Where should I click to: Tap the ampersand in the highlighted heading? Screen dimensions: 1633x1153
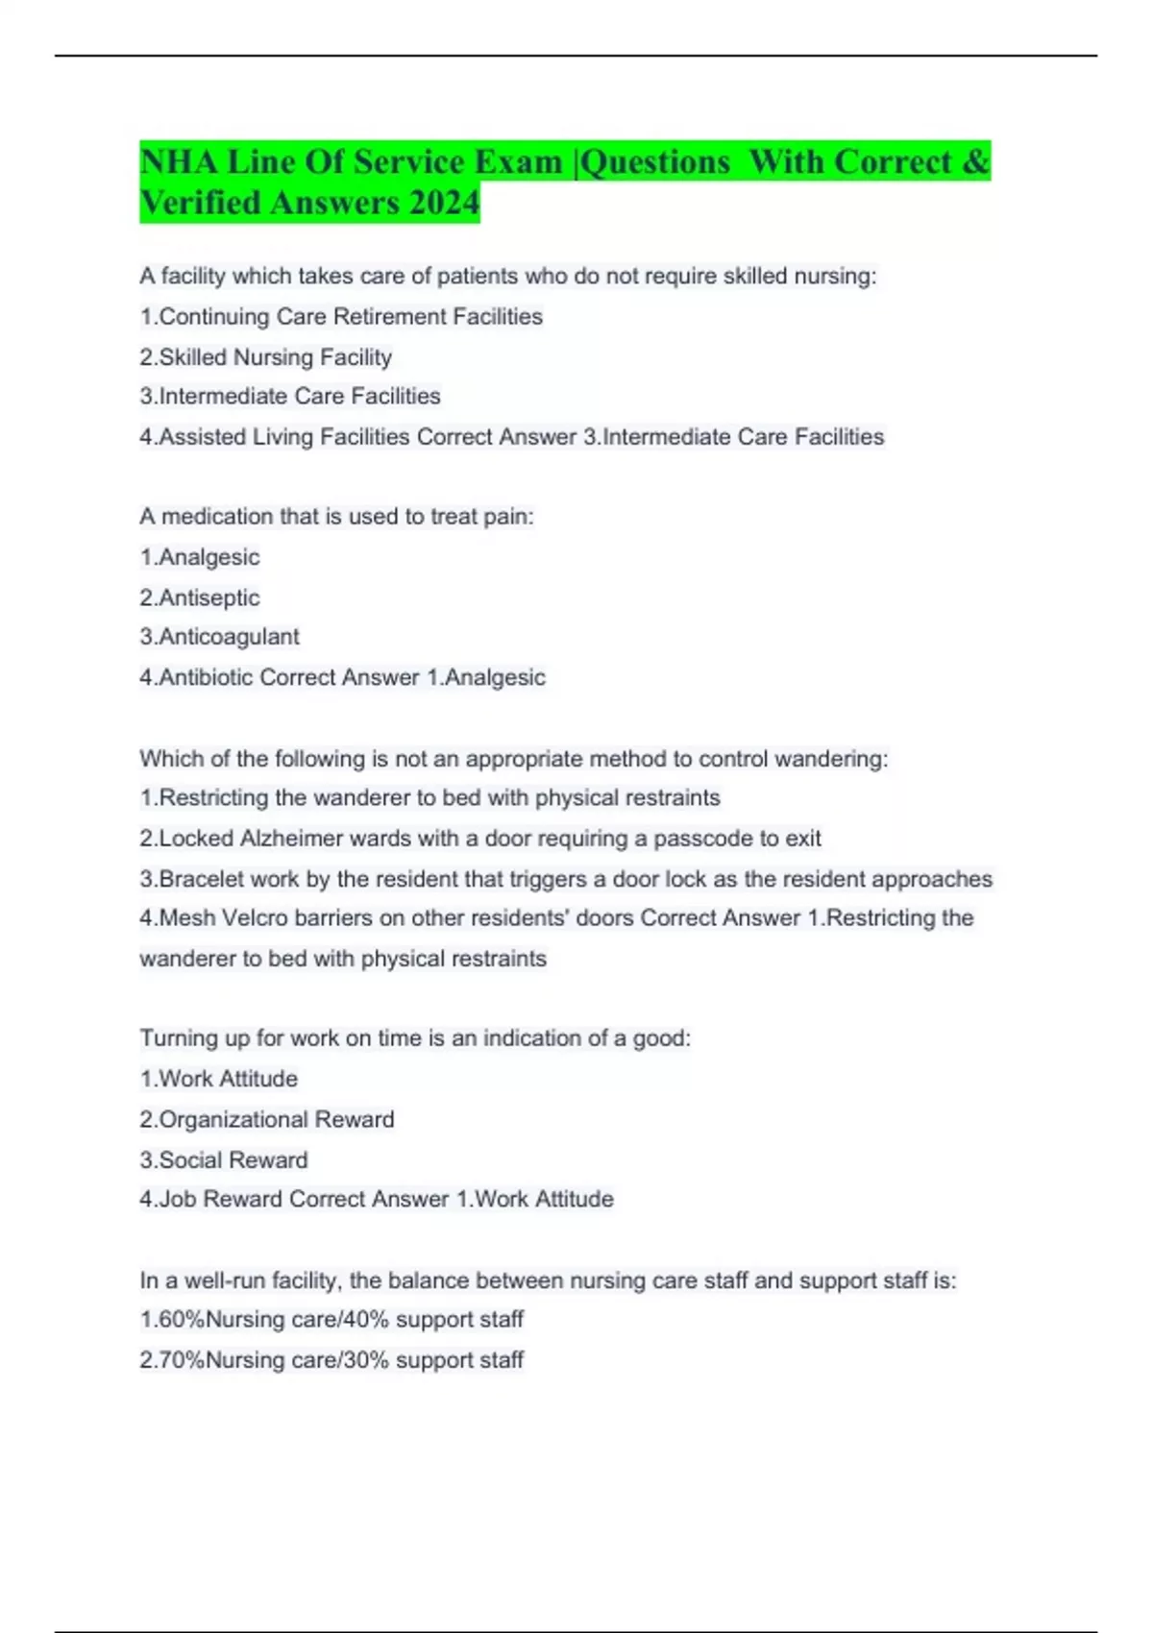tap(975, 161)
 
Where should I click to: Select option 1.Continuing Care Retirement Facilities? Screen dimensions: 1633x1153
tap(341, 317)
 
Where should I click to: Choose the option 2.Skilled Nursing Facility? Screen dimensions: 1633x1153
tap(265, 357)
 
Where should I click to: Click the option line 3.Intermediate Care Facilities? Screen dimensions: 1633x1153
tap(290, 396)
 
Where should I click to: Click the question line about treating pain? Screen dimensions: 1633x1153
tap(336, 517)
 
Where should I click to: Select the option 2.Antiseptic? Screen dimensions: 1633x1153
tap(200, 597)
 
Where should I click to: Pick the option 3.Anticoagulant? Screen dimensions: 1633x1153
tap(219, 637)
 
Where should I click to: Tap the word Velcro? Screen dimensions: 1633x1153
tap(255, 918)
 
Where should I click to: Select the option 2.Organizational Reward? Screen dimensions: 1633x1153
tap(267, 1120)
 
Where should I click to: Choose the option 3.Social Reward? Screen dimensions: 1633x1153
tap(224, 1160)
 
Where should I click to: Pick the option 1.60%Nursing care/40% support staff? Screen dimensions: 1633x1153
tap(331, 1320)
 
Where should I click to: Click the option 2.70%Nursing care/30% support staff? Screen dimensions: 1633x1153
tap(331, 1360)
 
